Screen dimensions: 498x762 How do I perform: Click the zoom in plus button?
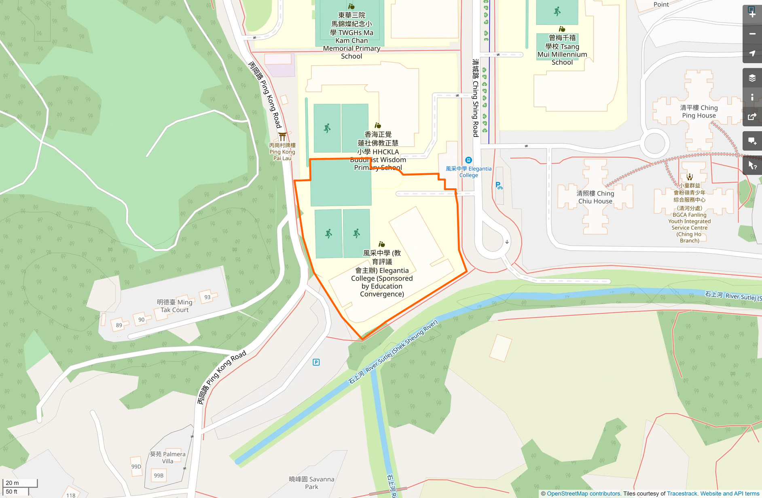click(x=752, y=14)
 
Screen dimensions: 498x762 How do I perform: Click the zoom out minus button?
click(x=752, y=34)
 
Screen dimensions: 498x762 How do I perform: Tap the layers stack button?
click(x=752, y=78)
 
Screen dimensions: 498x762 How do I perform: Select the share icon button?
click(x=752, y=117)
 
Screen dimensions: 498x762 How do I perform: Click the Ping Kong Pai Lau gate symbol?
click(x=282, y=136)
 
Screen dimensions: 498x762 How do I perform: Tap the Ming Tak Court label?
click(x=174, y=306)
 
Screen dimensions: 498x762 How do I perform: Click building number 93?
click(x=207, y=297)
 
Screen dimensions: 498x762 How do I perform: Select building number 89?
click(x=119, y=325)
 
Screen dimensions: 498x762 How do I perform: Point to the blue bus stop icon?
click(x=468, y=160)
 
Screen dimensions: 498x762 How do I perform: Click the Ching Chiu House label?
click(x=595, y=197)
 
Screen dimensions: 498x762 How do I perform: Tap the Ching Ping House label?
click(x=699, y=111)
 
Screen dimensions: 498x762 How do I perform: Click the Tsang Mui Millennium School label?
click(x=562, y=50)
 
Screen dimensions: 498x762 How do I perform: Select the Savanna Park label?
click(x=311, y=483)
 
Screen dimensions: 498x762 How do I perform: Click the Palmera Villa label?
click(x=167, y=458)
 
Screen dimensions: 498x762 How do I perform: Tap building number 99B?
click(x=159, y=475)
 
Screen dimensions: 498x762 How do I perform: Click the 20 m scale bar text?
click(x=12, y=483)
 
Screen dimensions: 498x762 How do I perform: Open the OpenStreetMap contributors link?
click(x=583, y=494)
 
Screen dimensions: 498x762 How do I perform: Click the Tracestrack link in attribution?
click(x=682, y=494)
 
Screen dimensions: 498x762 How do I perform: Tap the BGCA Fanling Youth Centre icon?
click(x=690, y=177)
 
